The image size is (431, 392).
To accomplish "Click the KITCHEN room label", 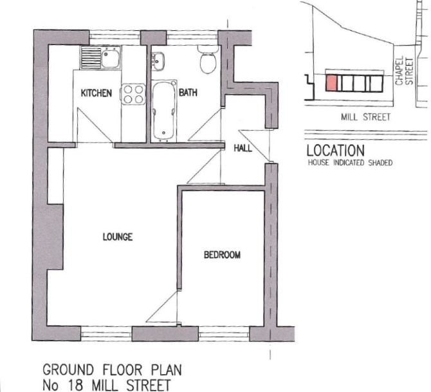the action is pos(96,93).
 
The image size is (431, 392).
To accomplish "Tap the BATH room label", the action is pos(188,93).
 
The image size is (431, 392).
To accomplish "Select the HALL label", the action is pos(243,149).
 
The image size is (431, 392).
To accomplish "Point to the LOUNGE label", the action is pos(118,237).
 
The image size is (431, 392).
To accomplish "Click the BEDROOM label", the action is pos(222,255).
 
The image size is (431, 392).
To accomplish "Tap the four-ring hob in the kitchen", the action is pos(133,94).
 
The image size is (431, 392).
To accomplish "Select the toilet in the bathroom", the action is pos(208,60).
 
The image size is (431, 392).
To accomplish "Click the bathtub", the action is pos(164,110).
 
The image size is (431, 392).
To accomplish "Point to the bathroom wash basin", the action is pos(158,61).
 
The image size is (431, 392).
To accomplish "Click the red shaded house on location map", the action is pos(331,83).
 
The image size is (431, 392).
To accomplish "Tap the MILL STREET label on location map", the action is pos(365,117).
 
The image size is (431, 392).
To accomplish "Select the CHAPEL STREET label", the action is pos(404,71).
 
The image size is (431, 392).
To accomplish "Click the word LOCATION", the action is pos(336,151).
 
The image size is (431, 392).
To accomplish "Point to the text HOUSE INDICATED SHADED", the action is pos(350,163).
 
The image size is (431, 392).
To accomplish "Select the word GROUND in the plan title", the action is pos(68,369).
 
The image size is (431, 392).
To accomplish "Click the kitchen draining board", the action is pos(91,58).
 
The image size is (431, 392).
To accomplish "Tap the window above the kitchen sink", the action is pos(115,38).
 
